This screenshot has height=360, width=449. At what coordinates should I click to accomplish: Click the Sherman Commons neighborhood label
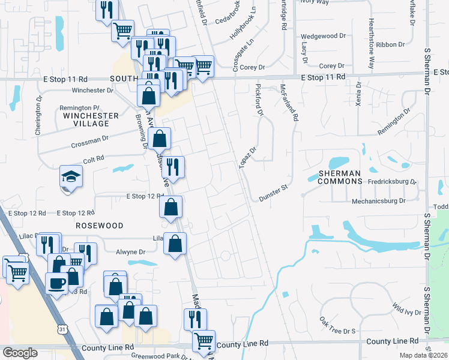(x=340, y=176)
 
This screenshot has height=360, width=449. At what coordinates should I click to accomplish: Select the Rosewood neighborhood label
(x=100, y=226)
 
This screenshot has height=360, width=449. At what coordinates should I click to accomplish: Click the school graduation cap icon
(x=71, y=178)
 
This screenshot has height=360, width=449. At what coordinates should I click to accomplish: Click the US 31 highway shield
(x=62, y=329)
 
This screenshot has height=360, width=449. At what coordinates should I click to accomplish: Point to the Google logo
(x=20, y=352)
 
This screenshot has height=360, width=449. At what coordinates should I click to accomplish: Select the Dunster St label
(x=274, y=193)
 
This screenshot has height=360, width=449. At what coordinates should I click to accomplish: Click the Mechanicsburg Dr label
(x=379, y=201)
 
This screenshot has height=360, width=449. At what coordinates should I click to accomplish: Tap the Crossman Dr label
(x=89, y=142)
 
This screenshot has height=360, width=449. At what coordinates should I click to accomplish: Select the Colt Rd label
(x=94, y=158)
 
